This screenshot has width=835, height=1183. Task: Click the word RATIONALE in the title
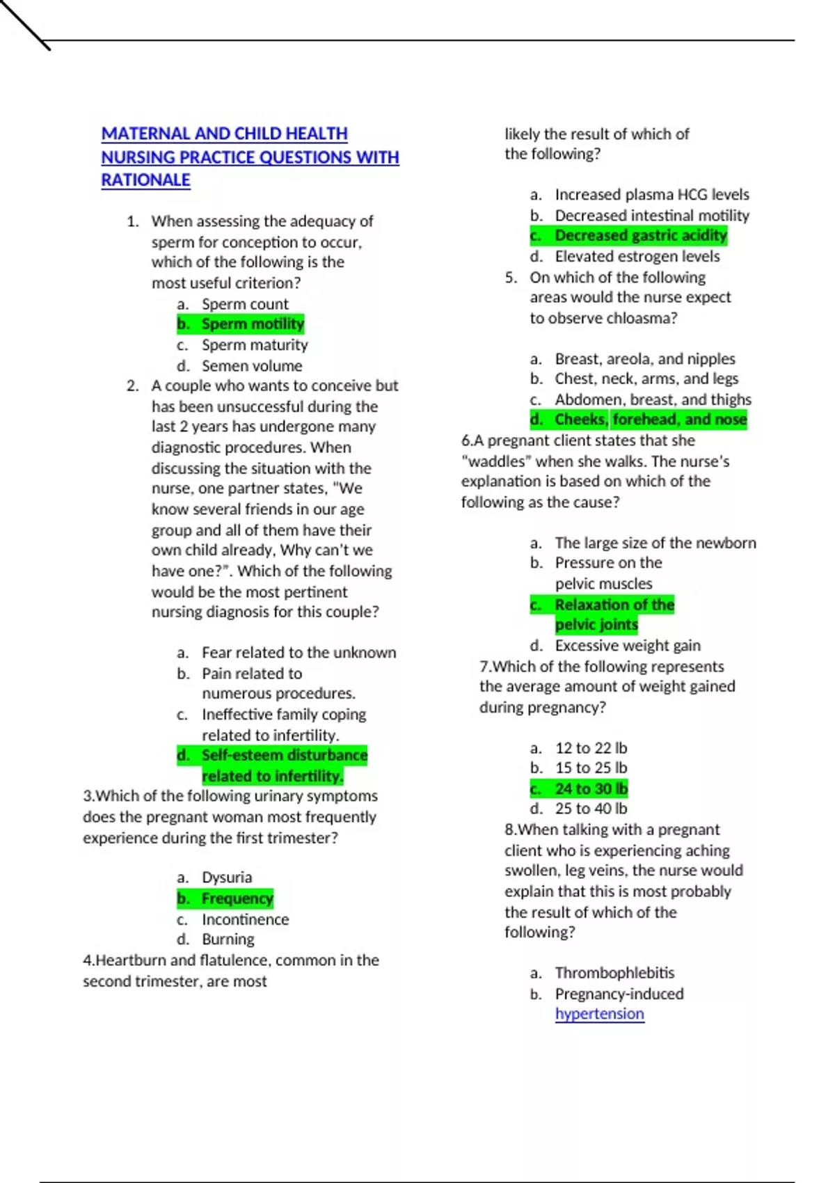(145, 180)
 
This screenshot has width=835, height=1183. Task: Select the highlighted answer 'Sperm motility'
(253, 324)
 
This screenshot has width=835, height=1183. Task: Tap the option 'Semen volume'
(252, 366)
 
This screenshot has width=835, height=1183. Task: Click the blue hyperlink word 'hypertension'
(599, 1014)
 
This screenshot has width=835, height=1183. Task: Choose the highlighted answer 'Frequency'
(237, 898)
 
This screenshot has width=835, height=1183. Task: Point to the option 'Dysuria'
(227, 878)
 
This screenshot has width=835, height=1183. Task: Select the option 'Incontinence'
(245, 919)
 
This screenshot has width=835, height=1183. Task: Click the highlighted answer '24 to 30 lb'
(591, 789)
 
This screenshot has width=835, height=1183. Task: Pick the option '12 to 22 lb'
(591, 748)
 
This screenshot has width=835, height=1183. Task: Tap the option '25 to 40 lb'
(591, 809)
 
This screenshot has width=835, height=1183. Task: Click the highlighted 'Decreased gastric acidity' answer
(640, 236)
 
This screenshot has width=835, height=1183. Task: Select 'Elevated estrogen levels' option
(637, 256)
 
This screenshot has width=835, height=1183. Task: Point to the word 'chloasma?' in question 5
(641, 318)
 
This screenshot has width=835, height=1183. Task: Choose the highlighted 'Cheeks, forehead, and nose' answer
(651, 420)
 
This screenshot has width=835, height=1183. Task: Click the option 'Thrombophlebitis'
(614, 973)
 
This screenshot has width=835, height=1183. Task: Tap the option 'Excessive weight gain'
(628, 646)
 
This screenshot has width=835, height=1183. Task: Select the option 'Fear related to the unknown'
(299, 653)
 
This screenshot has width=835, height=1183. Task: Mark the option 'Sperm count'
(245, 304)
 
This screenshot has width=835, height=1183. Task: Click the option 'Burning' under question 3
(228, 939)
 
